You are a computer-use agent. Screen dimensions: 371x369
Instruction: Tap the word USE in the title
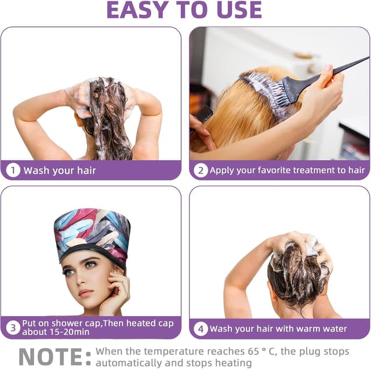point(239,10)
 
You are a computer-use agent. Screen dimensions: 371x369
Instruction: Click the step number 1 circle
point(13,171)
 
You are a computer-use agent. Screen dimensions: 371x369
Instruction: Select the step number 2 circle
point(201,171)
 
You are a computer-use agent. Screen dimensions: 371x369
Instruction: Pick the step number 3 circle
point(13,328)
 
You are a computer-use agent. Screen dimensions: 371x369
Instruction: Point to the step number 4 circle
point(201,329)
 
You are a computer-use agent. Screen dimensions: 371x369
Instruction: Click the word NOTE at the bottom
point(50,357)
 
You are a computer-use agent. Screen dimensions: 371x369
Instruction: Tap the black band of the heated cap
point(93,252)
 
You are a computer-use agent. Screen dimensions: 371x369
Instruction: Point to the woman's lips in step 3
point(85,293)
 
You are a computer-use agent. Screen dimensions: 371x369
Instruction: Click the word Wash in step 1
point(37,171)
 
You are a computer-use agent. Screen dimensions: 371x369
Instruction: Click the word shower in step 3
point(66,323)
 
